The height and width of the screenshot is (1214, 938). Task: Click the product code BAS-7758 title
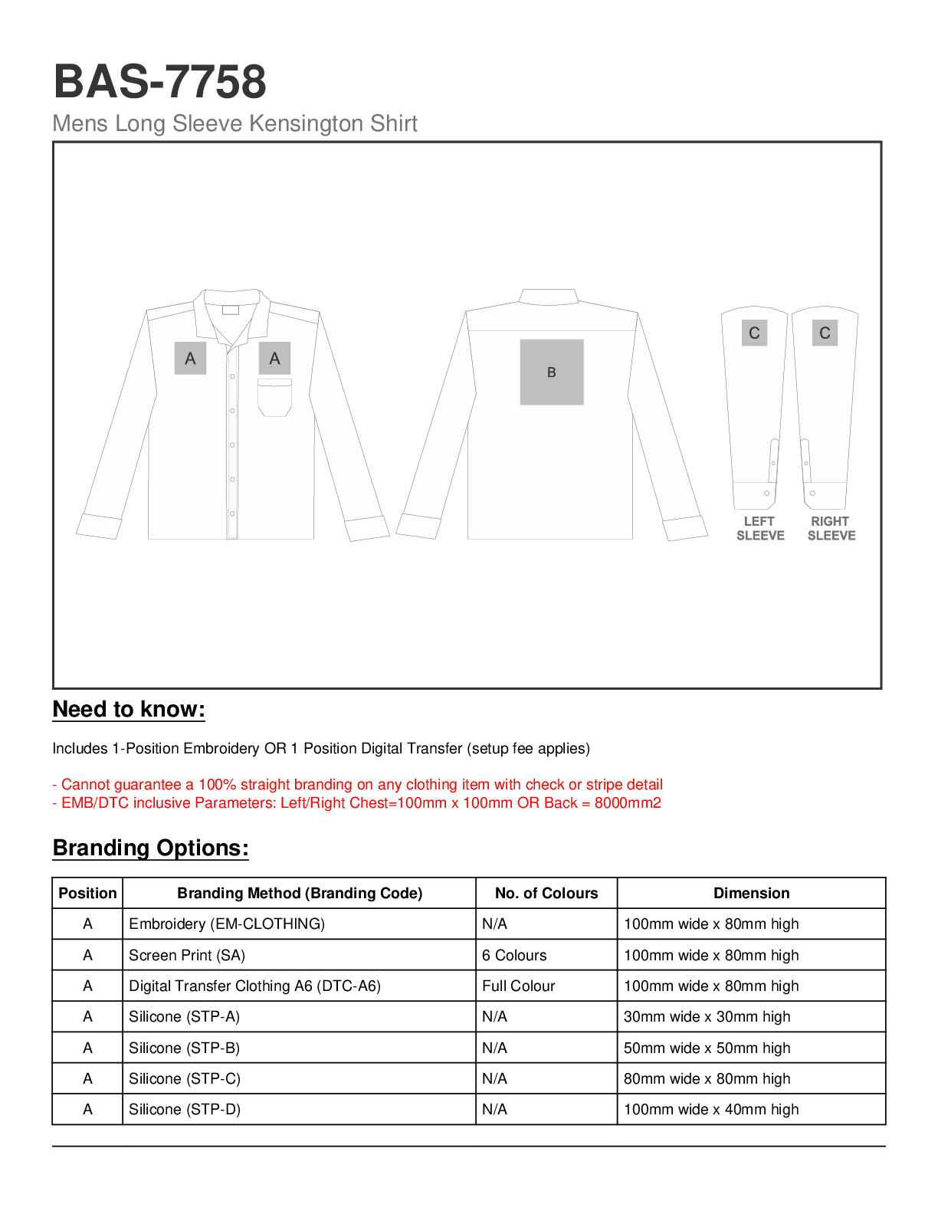(x=159, y=81)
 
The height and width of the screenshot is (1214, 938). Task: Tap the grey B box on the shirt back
(x=552, y=372)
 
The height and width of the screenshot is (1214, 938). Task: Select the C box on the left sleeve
(x=754, y=333)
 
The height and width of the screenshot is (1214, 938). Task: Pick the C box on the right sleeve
(x=825, y=333)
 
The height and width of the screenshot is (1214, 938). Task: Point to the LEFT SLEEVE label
(x=760, y=528)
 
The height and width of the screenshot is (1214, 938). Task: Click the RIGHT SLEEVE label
(x=831, y=528)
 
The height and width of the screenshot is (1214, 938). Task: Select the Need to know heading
(x=129, y=709)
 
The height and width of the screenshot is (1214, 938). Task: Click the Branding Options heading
(x=150, y=848)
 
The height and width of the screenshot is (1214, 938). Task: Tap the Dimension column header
(x=751, y=893)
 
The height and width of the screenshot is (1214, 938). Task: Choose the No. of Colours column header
(x=546, y=893)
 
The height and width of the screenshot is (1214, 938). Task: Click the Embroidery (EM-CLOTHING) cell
(x=227, y=924)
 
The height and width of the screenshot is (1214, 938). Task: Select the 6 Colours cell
(x=514, y=955)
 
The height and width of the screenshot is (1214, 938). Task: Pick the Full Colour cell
(x=518, y=986)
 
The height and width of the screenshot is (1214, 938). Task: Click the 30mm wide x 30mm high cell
(x=707, y=1016)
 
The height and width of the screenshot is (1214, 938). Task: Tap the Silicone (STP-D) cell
(x=185, y=1109)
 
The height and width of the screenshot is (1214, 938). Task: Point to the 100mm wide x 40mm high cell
(x=711, y=1109)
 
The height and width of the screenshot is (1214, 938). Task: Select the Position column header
(x=87, y=893)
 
